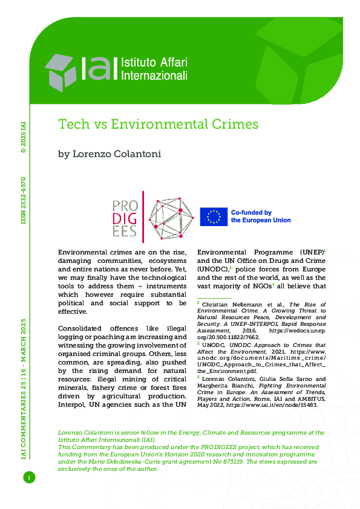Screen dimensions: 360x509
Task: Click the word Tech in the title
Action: click(71, 125)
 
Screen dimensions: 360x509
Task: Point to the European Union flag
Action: click(214, 216)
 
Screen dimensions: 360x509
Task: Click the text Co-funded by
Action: click(251, 212)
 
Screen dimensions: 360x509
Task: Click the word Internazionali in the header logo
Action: click(155, 76)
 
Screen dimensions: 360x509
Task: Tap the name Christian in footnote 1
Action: click(214, 304)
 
